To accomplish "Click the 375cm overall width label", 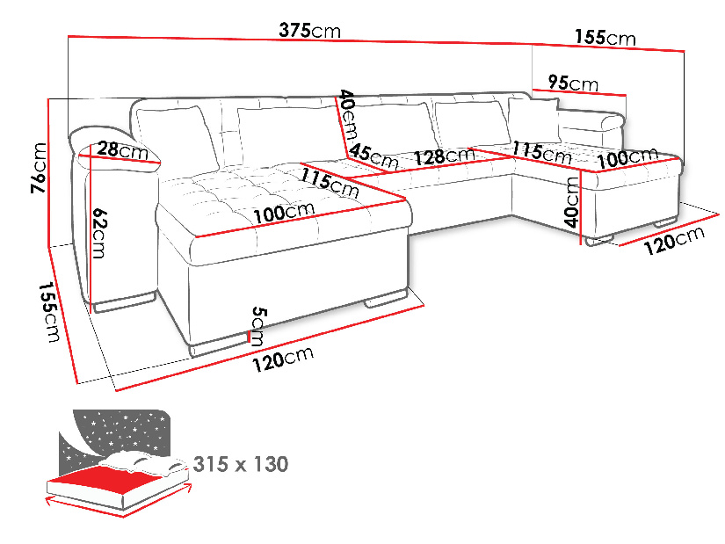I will tap(309, 31).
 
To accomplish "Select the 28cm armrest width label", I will tap(122, 150).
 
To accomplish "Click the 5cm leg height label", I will tap(257, 326).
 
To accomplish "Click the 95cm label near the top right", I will tap(572, 83).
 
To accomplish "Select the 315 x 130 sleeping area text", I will tap(240, 463).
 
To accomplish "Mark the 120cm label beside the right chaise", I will tap(674, 240).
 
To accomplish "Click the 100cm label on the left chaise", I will tap(282, 213).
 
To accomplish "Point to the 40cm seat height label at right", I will tap(571, 200).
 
